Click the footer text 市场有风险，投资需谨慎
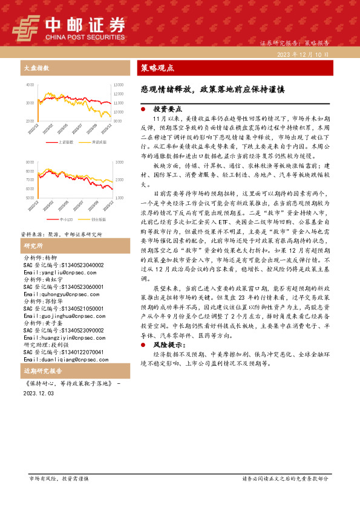pos(59,478)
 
